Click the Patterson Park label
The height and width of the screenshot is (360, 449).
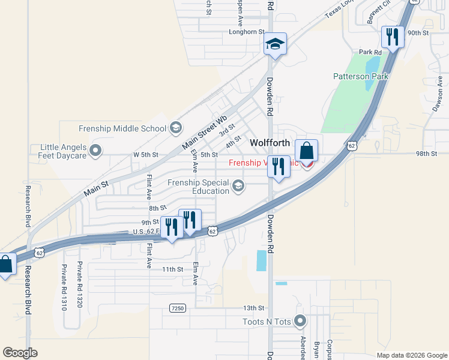(x=361, y=76)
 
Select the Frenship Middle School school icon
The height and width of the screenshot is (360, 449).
(x=176, y=128)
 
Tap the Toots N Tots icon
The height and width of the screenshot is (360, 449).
(x=300, y=322)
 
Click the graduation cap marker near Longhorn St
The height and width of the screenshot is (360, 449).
(x=276, y=44)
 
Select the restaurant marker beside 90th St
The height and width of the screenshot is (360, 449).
(x=392, y=38)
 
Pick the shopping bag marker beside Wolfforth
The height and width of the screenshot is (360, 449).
(x=306, y=151)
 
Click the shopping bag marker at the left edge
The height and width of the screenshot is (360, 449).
(x=5, y=265)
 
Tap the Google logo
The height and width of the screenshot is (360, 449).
(x=20, y=353)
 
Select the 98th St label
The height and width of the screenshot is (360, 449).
(x=426, y=154)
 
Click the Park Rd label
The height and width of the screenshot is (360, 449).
(x=370, y=52)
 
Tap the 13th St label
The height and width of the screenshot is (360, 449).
(x=255, y=308)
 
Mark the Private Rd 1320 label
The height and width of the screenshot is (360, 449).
(x=79, y=285)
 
